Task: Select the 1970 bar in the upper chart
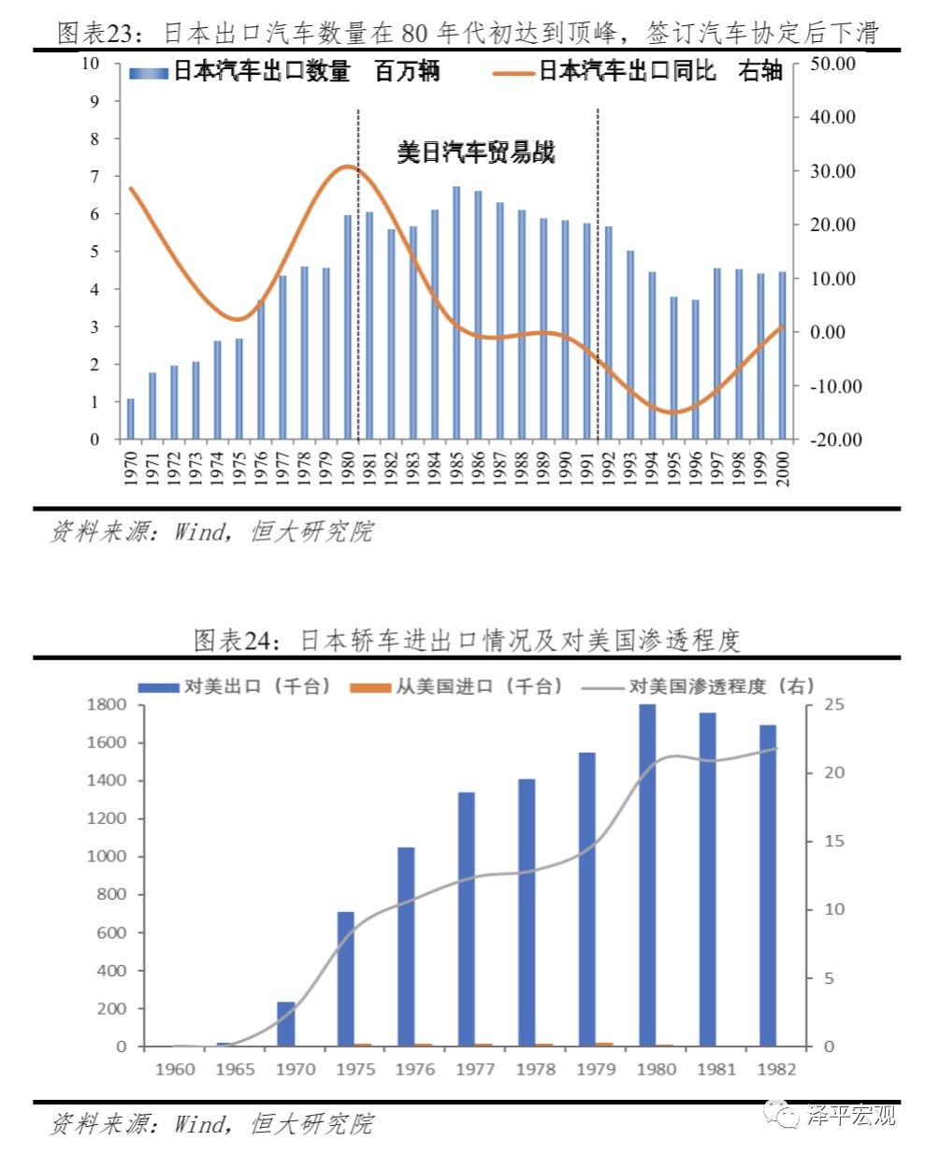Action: [x=131, y=419]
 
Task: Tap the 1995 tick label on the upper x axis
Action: [x=673, y=469]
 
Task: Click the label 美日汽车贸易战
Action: [x=476, y=152]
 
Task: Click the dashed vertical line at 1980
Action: [x=358, y=281]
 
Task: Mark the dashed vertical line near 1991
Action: [x=598, y=281]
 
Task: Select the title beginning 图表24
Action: [x=467, y=641]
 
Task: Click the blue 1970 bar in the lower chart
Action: [x=286, y=1024]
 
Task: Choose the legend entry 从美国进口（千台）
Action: [x=457, y=686]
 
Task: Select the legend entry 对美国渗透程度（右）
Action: [x=697, y=686]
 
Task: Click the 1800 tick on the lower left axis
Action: [x=107, y=704]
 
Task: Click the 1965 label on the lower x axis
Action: [x=234, y=1069]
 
